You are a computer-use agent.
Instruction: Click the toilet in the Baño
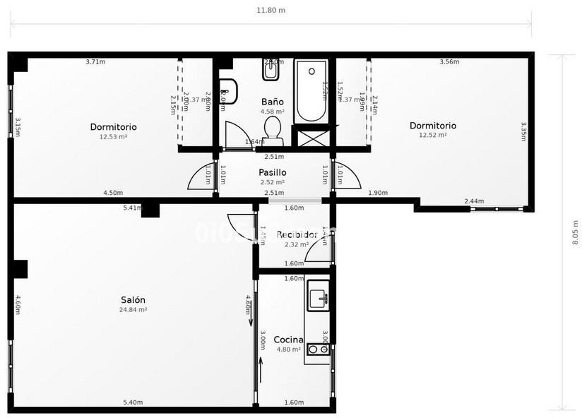tap(273, 129)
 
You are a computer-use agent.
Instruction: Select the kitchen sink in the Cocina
tap(319, 296)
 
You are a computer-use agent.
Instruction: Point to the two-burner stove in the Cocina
tap(318, 349)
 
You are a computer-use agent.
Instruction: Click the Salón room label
tap(133, 299)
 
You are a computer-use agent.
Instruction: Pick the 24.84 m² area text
tap(133, 309)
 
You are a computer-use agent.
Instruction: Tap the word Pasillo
tap(272, 172)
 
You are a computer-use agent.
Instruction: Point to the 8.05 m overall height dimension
tap(576, 232)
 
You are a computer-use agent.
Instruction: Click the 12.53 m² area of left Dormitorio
tap(113, 137)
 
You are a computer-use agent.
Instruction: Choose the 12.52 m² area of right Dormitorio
tap(433, 135)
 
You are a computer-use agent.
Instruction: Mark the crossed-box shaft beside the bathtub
tap(311, 137)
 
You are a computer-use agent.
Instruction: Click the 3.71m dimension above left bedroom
tap(95, 62)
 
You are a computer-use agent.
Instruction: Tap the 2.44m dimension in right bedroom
tap(474, 201)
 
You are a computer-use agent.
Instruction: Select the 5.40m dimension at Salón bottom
tap(133, 402)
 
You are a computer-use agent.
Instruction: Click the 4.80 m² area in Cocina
tap(288, 350)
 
